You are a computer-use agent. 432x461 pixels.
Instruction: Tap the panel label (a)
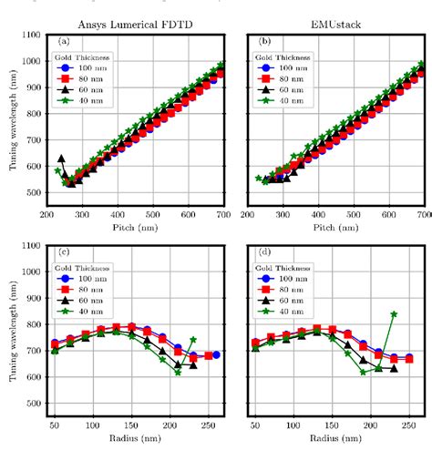click(64, 41)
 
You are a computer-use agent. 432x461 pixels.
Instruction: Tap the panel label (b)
click(264, 41)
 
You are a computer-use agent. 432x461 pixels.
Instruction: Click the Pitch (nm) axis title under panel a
click(135, 225)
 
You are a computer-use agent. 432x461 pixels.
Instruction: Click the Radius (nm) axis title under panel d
click(336, 437)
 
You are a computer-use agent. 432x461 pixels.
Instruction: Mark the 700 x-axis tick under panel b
click(423, 212)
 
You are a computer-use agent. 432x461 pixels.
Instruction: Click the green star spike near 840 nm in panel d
click(394, 314)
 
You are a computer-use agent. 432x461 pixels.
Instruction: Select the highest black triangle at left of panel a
click(61, 159)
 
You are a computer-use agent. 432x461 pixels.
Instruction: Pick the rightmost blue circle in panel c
click(216, 354)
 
